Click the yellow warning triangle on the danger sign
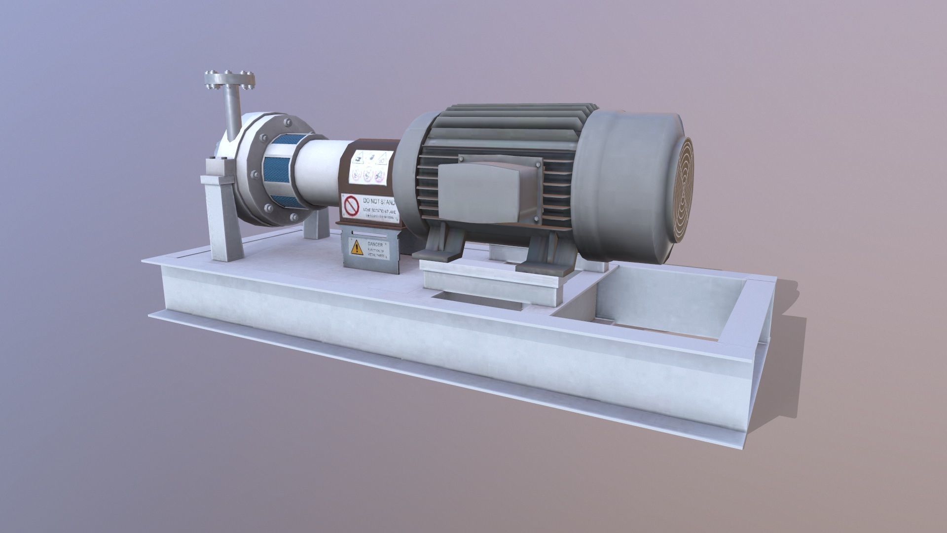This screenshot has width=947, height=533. click(356, 247)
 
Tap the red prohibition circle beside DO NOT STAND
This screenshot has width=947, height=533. click(351, 207)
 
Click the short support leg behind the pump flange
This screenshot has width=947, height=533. click(316, 225)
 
